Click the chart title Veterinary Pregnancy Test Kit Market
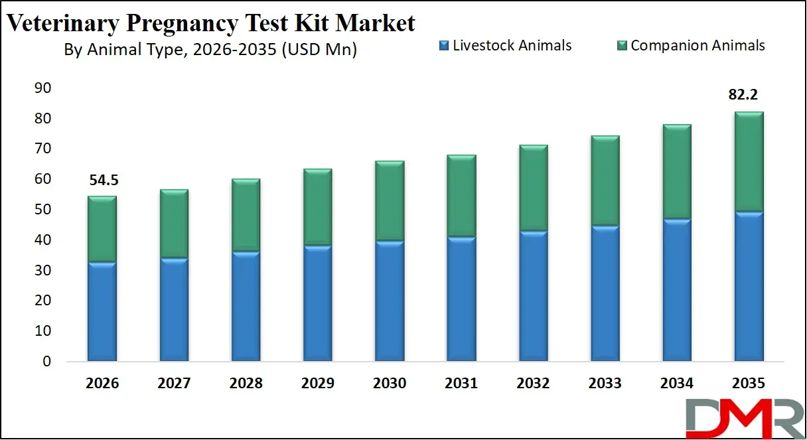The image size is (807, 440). pos(211,23)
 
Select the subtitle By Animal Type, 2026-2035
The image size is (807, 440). pos(210,50)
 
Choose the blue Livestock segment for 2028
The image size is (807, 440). pos(245,305)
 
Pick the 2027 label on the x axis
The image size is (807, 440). pos(174,384)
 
